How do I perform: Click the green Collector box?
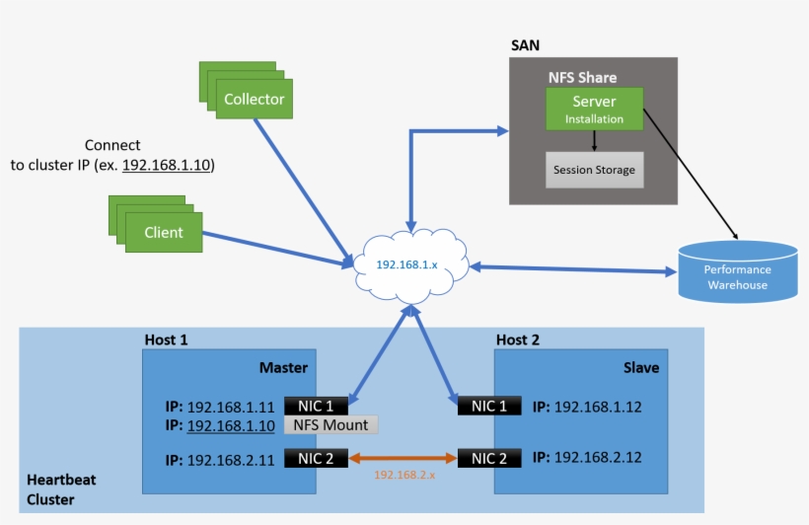pos(254,99)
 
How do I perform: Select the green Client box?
pos(164,233)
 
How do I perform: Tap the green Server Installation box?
pos(594,109)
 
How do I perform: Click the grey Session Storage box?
pos(594,170)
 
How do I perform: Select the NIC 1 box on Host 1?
pos(316,406)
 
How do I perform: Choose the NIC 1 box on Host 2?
pos(489,406)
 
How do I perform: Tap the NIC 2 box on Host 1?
pos(316,459)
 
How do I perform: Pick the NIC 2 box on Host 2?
pos(489,459)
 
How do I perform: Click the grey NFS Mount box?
pos(331,425)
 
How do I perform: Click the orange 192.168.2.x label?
pos(404,476)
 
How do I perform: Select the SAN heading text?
pos(525,46)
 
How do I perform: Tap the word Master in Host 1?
pos(283,368)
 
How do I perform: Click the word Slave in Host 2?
pos(641,368)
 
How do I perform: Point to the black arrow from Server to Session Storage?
pos(594,140)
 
